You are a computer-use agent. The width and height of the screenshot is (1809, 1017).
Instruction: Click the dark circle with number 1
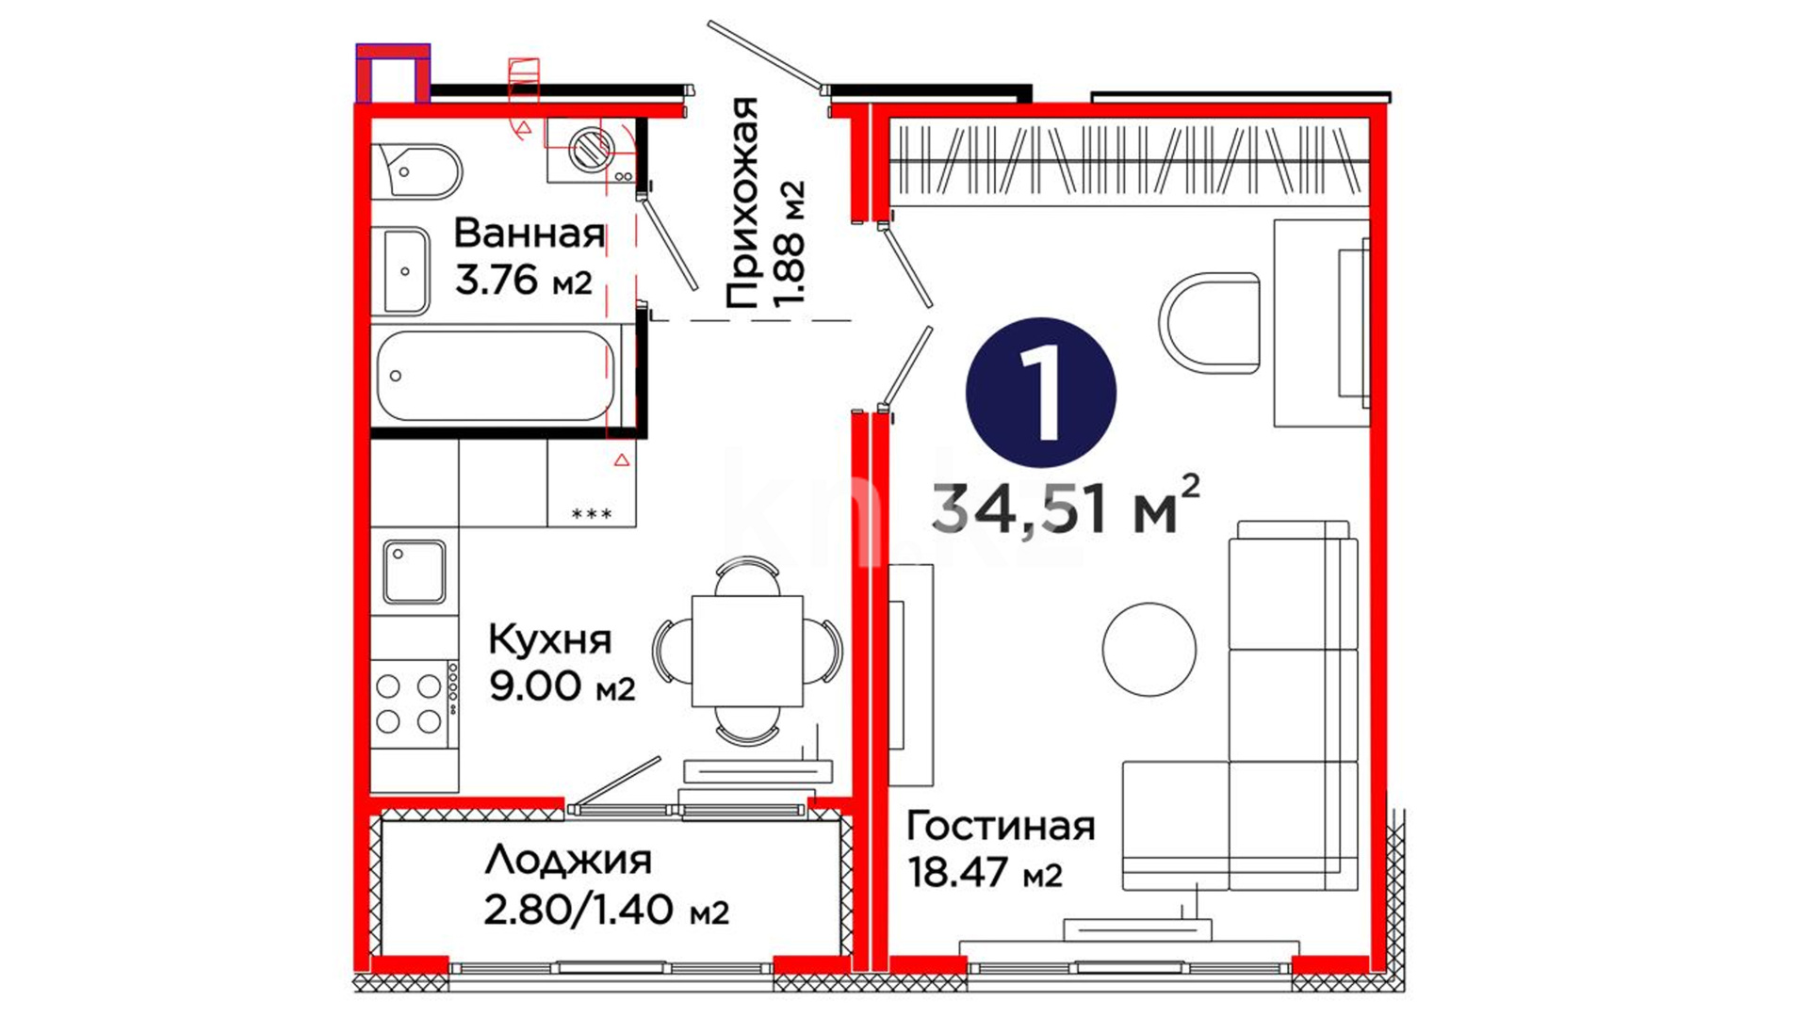pos(1041,392)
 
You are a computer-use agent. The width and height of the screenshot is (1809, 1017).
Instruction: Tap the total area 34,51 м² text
pos(1067,508)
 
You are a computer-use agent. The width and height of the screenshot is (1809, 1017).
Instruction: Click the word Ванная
pos(530,233)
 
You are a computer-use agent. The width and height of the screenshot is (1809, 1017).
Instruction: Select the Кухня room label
pos(550,640)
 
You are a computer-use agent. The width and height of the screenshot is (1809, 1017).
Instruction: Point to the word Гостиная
pos(1001,826)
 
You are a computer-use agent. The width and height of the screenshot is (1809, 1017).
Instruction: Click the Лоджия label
pos(568,860)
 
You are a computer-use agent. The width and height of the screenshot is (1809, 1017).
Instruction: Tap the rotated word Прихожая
pos(742,202)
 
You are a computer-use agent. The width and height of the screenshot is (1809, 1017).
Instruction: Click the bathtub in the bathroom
pos(496,375)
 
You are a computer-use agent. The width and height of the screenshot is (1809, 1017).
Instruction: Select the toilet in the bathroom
pos(416,170)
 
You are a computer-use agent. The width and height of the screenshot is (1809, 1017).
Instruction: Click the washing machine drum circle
pos(591,148)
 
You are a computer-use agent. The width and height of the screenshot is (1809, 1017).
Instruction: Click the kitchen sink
pos(414,572)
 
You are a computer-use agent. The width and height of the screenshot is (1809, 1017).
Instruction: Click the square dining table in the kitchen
pos(747,651)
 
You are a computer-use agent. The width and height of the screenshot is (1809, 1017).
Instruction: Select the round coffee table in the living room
pos(1149,650)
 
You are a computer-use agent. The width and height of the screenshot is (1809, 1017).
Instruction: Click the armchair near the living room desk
pos(1210,322)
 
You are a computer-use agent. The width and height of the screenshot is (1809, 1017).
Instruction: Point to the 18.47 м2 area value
pos(985,873)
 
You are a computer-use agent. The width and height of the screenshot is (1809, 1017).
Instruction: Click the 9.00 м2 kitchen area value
pos(562,686)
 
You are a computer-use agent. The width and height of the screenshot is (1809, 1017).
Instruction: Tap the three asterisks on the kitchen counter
pos(593,513)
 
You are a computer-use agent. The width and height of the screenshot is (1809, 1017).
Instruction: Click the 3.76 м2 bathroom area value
pos(524,280)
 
